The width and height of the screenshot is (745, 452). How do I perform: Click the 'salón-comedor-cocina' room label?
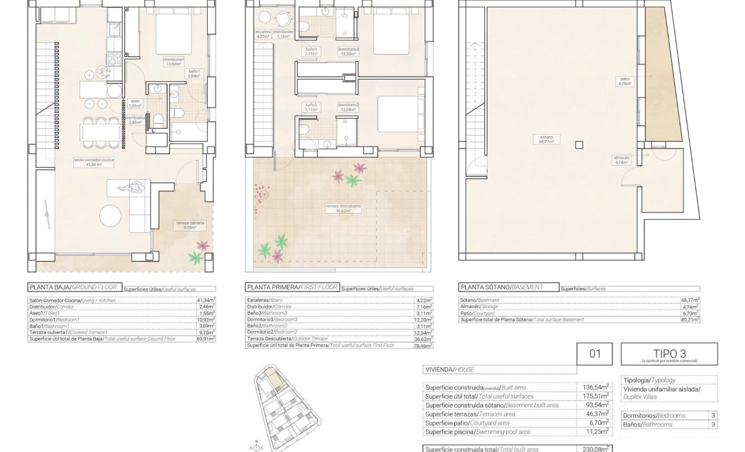[94, 162]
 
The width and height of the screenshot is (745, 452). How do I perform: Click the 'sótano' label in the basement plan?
[545, 139]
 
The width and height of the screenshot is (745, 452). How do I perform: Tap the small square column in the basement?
[579, 145]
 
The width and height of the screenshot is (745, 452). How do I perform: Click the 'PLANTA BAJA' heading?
[49, 287]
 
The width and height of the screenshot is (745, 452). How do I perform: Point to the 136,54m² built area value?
[595, 387]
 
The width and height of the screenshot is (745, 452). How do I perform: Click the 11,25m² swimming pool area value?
[595, 432]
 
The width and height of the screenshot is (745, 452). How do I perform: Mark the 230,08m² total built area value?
[595, 449]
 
